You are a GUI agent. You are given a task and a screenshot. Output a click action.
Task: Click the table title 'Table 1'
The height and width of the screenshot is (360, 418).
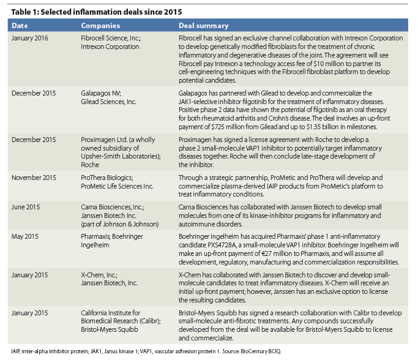(24, 12)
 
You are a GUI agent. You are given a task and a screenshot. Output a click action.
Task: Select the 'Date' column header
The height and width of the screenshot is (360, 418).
(21, 26)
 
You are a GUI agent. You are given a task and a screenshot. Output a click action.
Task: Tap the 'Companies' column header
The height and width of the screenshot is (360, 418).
(100, 26)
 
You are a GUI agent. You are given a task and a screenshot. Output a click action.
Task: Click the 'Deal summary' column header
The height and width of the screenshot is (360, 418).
(204, 26)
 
